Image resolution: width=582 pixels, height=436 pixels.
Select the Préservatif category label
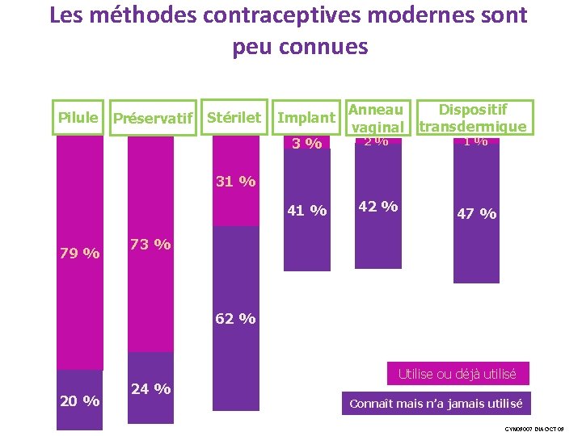pyautogui.click(x=154, y=119)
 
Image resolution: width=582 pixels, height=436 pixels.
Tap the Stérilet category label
pyautogui.click(x=234, y=117)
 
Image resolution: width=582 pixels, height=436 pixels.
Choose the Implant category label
pyautogui.click(x=306, y=118)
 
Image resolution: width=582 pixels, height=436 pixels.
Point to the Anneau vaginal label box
pyautogui.click(x=375, y=117)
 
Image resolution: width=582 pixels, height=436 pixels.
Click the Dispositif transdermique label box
pyautogui.click(x=474, y=117)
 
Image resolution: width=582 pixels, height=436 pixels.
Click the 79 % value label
pyautogui.click(x=80, y=254)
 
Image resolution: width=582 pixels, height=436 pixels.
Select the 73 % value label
pyautogui.click(x=150, y=244)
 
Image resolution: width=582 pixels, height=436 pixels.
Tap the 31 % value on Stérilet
pyautogui.click(x=235, y=181)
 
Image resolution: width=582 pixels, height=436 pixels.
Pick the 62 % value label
pyautogui.click(x=235, y=318)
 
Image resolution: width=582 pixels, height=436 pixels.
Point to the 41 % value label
pyautogui.click(x=307, y=211)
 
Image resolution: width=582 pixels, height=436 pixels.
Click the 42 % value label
pyautogui.click(x=377, y=206)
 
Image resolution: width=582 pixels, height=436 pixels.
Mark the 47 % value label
pyautogui.click(x=477, y=213)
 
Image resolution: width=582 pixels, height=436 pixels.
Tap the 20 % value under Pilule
pyautogui.click(x=80, y=400)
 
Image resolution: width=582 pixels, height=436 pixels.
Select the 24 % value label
pyautogui.click(x=150, y=388)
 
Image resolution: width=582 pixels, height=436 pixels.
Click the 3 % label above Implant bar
pyautogui.click(x=307, y=144)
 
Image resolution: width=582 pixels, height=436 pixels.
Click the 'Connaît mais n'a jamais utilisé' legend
pyautogui.click(x=436, y=403)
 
